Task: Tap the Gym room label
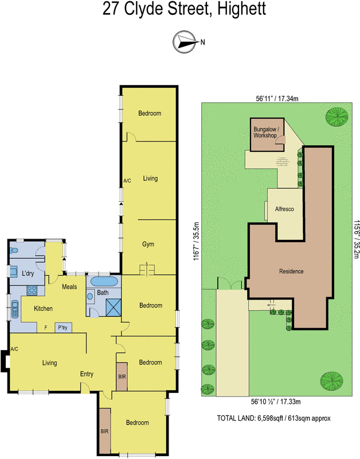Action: pos(149,244)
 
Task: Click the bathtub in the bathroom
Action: pos(104,282)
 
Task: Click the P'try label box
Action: pos(62,328)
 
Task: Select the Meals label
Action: pos(69,287)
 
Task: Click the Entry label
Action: pos(87,374)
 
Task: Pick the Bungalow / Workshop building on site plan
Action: pos(266,134)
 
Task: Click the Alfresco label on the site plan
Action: pos(284,209)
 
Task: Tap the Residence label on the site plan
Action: pos(291,271)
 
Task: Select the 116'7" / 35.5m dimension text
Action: pos(195,242)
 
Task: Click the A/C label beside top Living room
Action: pos(127,181)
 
